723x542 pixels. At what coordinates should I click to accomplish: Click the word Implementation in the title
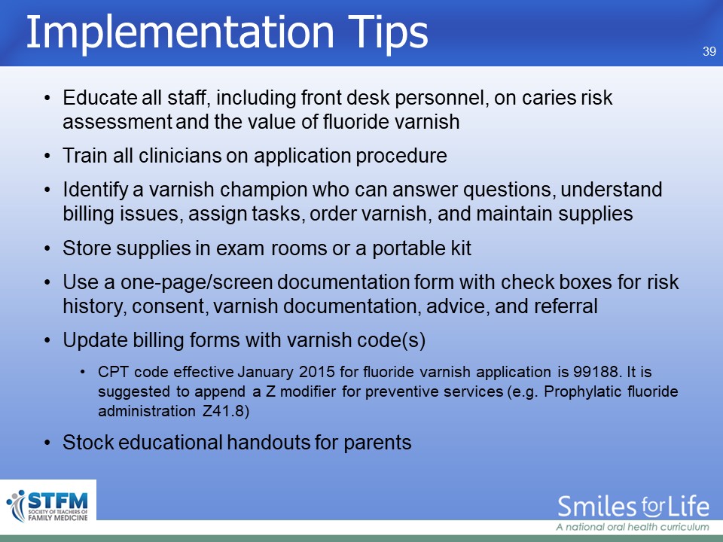(x=180, y=32)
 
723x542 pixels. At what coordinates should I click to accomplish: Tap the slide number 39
(x=709, y=51)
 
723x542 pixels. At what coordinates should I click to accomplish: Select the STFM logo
(x=48, y=506)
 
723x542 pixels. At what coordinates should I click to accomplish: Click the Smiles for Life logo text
(x=633, y=507)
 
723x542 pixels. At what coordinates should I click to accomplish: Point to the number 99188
(x=595, y=371)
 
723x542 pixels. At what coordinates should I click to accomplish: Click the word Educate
(x=99, y=98)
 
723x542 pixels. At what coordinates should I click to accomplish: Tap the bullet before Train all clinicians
(x=47, y=157)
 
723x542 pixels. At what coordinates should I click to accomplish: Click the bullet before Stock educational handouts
(x=47, y=443)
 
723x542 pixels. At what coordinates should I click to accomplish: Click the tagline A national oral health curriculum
(x=632, y=527)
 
